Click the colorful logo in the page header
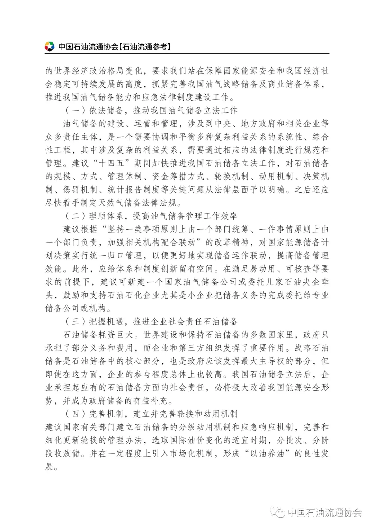[x=50, y=46]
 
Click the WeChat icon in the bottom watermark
[x=278, y=512]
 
